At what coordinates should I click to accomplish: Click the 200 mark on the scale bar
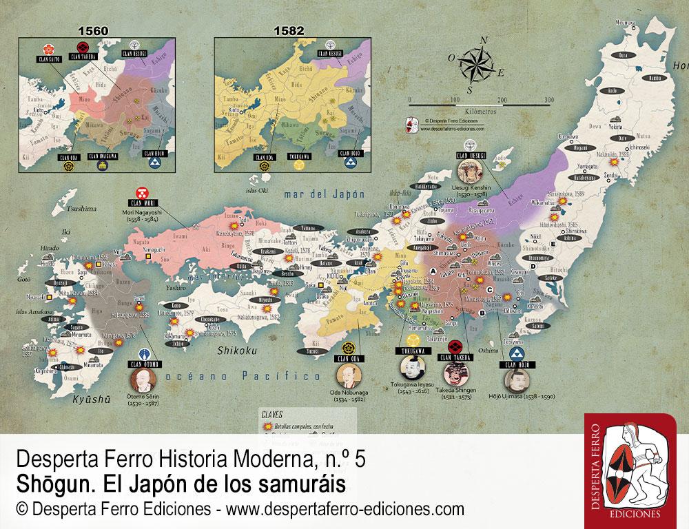(502, 99)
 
